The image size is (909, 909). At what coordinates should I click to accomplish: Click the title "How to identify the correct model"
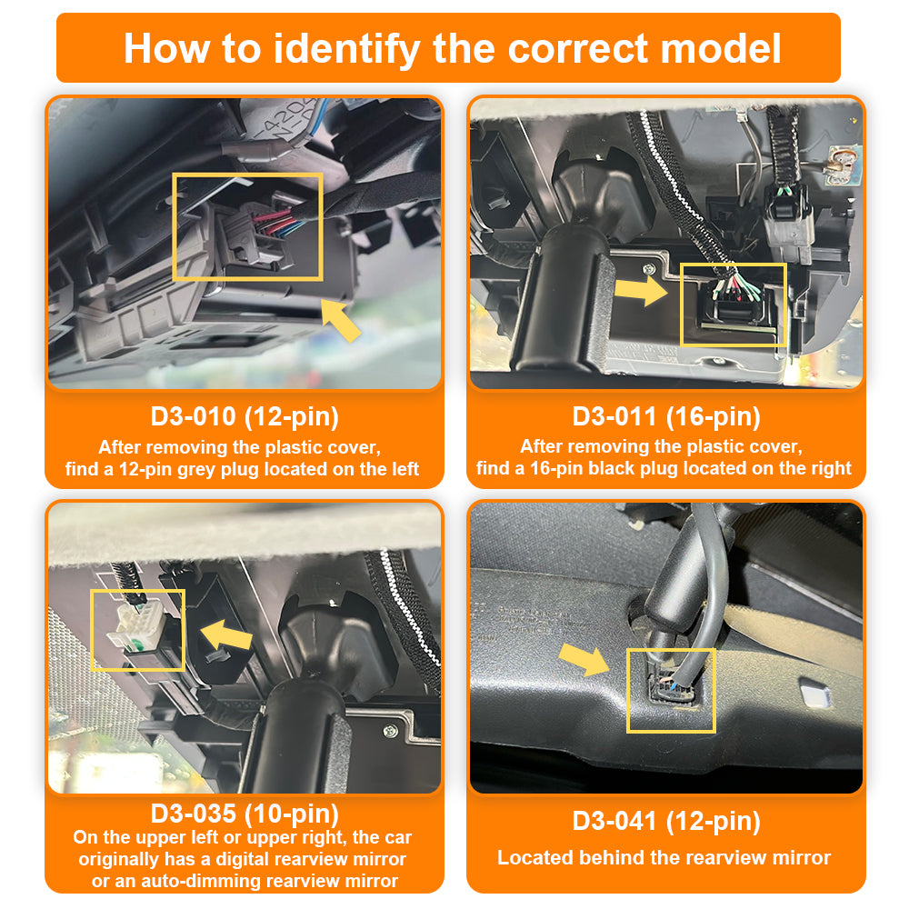click(452, 47)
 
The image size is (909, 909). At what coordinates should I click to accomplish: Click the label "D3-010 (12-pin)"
click(245, 417)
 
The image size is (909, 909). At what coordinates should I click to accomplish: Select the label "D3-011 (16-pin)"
click(665, 417)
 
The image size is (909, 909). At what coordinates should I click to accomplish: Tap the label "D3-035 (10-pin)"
click(245, 812)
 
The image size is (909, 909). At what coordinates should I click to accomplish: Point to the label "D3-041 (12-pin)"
click(665, 821)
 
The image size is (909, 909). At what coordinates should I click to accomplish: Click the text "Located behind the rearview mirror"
click(664, 857)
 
